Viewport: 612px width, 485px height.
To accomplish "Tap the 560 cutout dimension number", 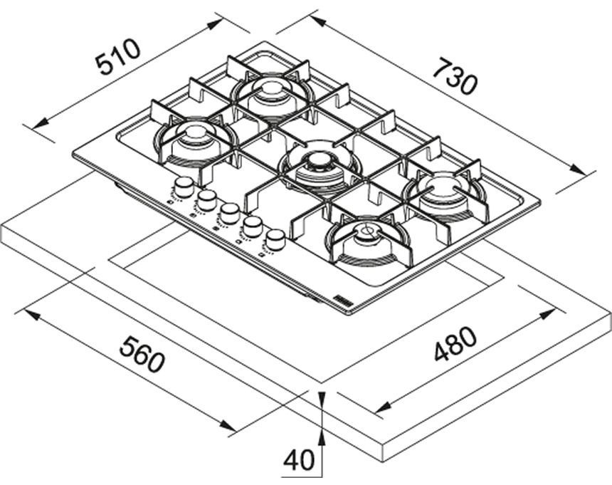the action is point(142,354).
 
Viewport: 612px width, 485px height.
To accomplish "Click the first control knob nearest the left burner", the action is point(183,187).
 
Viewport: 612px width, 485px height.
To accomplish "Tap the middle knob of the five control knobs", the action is point(228,213).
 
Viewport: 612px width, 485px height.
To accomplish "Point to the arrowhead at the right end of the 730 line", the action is point(578,170).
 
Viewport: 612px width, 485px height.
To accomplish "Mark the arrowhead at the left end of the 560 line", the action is point(32,314).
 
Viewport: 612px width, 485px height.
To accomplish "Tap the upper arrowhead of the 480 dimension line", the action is point(547,314).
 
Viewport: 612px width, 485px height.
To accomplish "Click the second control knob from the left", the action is point(206,199).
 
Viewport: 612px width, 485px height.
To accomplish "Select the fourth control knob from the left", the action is point(253,226).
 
